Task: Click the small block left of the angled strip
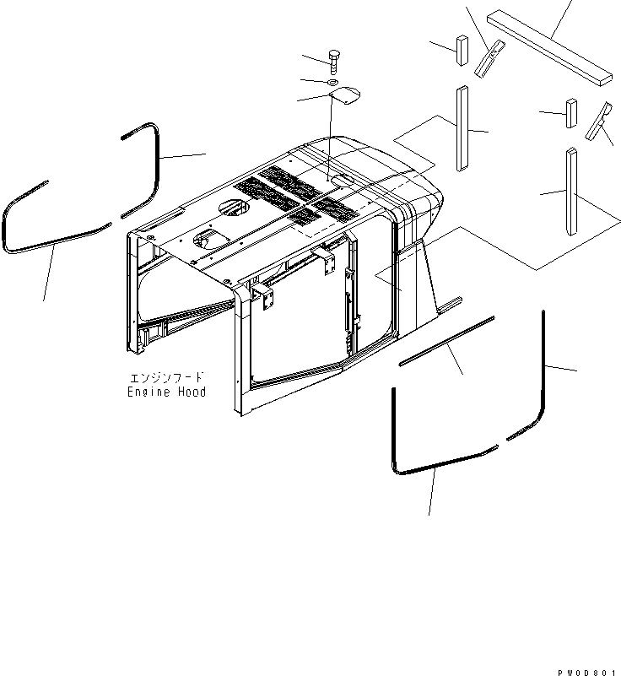click(x=461, y=49)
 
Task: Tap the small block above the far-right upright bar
click(x=570, y=113)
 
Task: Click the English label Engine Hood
click(x=166, y=392)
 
